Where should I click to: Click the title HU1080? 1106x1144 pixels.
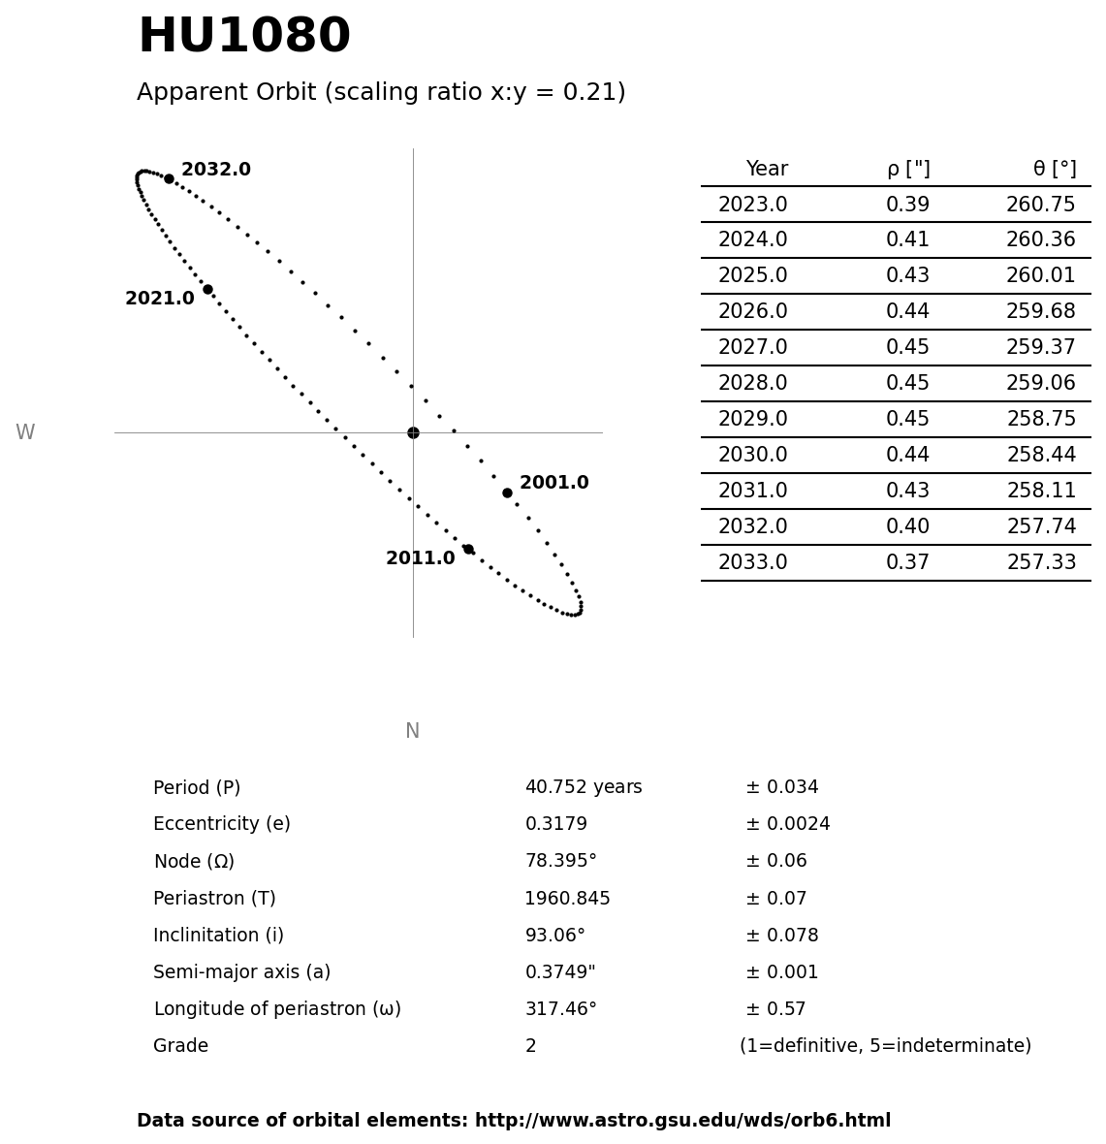(x=243, y=38)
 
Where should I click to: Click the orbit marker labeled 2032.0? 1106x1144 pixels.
(x=169, y=178)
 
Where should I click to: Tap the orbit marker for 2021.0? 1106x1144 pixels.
(x=207, y=289)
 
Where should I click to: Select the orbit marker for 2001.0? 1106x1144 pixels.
(x=507, y=493)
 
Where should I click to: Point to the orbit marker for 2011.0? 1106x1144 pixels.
(x=468, y=549)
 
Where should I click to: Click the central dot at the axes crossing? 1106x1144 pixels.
(x=413, y=432)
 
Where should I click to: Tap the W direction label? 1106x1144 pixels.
(x=25, y=433)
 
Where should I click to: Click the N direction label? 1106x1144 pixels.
(x=412, y=732)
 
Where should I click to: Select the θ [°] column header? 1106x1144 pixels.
(x=1054, y=170)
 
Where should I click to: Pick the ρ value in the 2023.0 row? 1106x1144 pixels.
(x=907, y=206)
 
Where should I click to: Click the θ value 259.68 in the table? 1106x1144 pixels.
(x=1040, y=312)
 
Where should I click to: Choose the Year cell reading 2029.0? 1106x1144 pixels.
(x=752, y=420)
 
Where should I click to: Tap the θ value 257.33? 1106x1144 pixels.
(x=1040, y=563)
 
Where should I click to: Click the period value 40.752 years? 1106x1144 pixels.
(x=583, y=788)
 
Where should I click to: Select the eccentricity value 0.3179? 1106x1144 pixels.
(x=555, y=825)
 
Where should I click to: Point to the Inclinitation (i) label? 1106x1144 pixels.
(x=218, y=936)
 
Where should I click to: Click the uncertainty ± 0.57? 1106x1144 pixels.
(x=775, y=1009)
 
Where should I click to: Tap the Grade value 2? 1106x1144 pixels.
(x=530, y=1047)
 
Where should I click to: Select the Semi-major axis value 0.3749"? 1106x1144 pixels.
(x=559, y=972)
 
